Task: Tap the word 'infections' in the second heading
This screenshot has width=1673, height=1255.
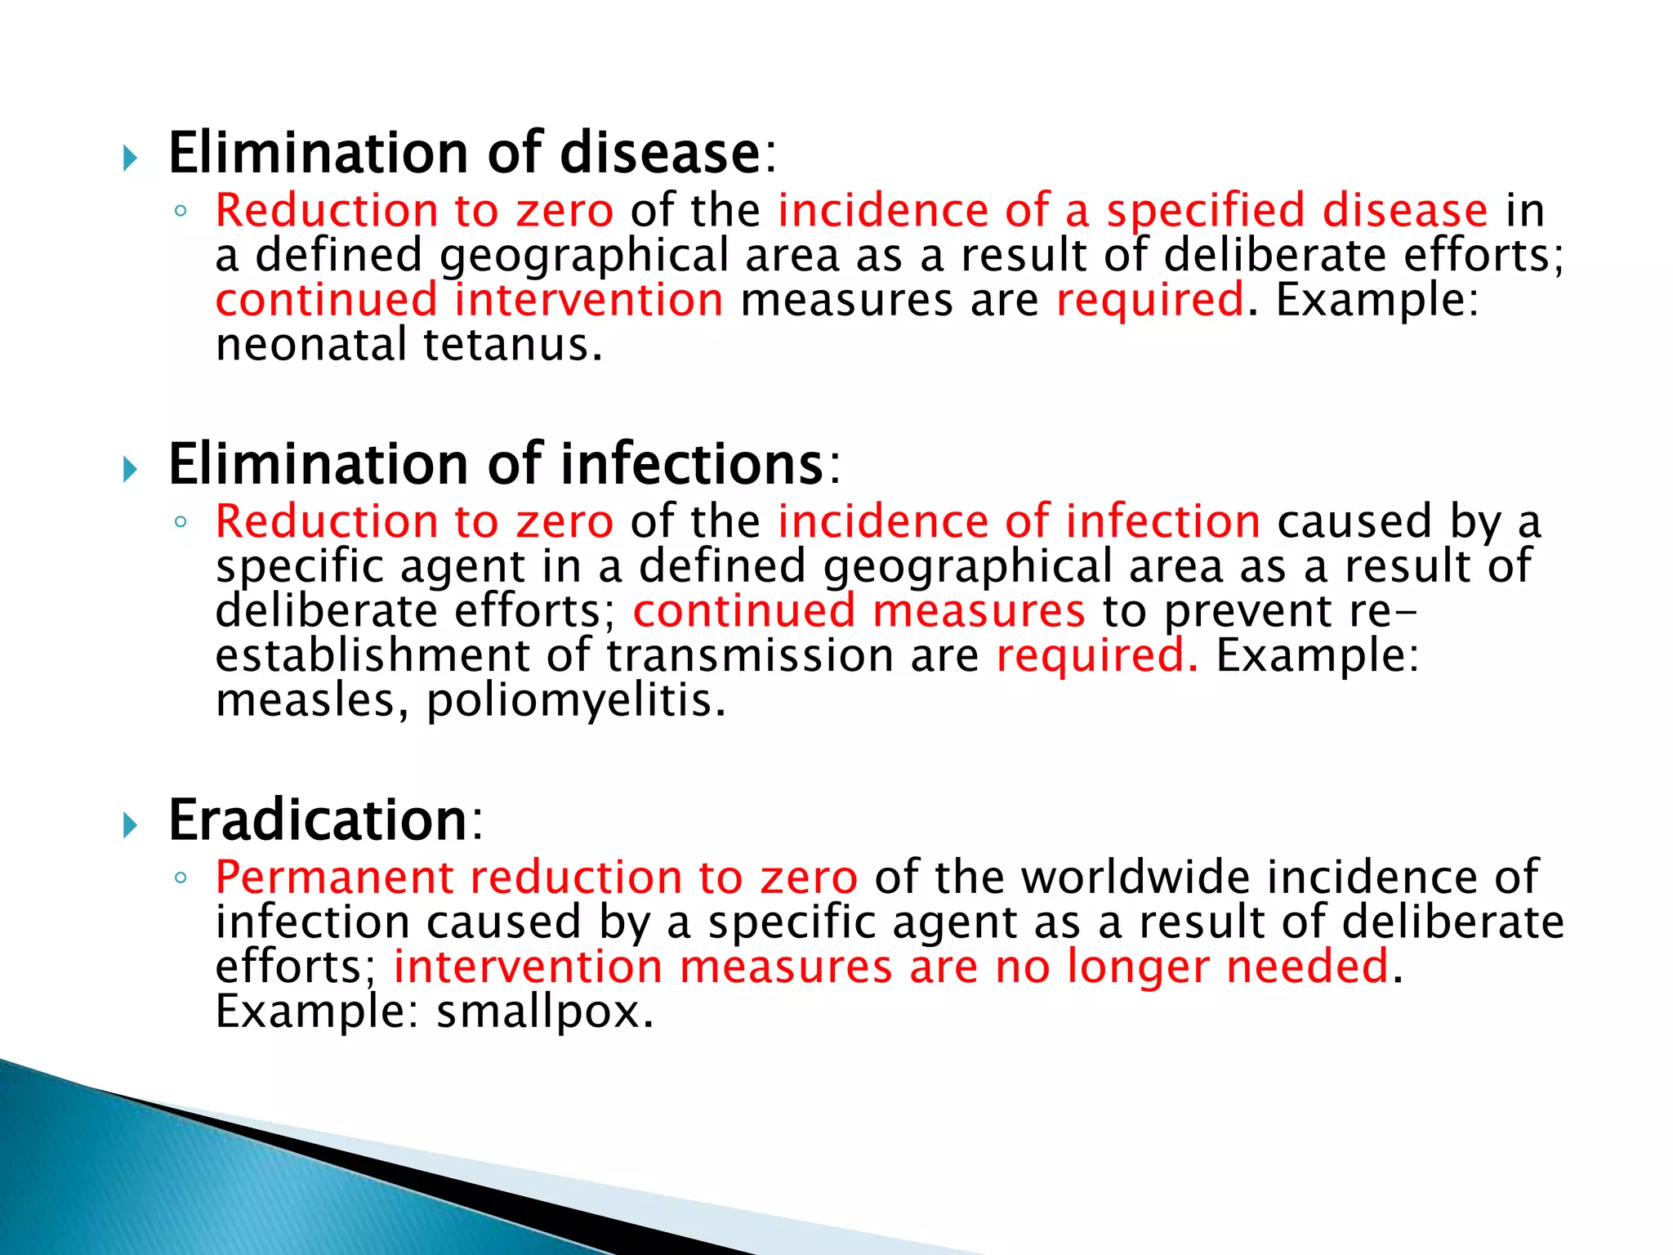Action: [691, 464]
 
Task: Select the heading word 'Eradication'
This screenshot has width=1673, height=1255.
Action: [317, 820]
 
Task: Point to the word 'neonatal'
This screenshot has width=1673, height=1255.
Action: [310, 345]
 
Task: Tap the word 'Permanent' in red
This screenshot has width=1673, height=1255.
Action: [334, 878]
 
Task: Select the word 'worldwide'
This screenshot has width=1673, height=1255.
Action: [1135, 878]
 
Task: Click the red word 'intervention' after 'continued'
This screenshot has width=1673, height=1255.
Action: [588, 300]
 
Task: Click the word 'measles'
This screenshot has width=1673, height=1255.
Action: [306, 701]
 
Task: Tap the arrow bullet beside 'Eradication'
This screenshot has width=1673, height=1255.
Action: [130, 825]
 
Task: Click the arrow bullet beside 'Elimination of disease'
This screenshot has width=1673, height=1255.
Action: [130, 158]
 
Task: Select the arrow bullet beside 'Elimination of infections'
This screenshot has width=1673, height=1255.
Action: [130, 469]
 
